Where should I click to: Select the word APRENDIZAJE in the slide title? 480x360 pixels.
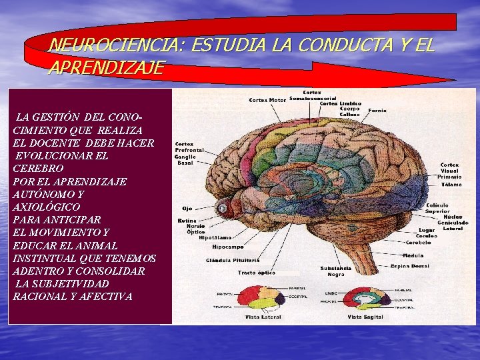(x=106, y=67)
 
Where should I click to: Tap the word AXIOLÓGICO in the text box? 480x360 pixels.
(x=46, y=207)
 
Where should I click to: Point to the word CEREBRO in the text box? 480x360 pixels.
(x=38, y=169)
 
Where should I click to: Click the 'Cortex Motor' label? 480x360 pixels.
(x=267, y=100)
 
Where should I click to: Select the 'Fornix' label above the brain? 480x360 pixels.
(x=377, y=110)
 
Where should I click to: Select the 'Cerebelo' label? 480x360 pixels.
(x=418, y=243)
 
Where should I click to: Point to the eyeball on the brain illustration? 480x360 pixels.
(x=223, y=209)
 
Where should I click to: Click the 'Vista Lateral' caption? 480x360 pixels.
(x=261, y=317)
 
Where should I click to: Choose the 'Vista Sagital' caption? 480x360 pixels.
(x=363, y=317)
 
